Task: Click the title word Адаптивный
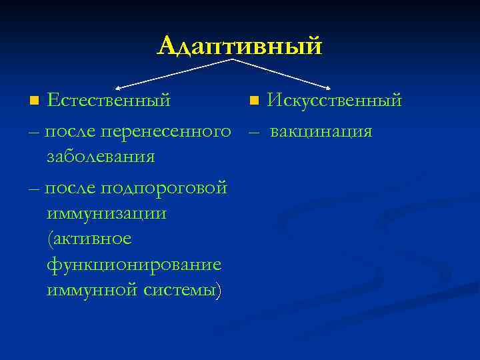point(240,45)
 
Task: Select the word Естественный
point(109,101)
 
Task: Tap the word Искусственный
point(334,101)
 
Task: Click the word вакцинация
point(321,131)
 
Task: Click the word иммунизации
point(107,214)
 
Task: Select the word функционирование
point(134,265)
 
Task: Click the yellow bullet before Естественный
point(35,101)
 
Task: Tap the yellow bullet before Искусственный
point(253,101)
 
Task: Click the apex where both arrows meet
point(231,60)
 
